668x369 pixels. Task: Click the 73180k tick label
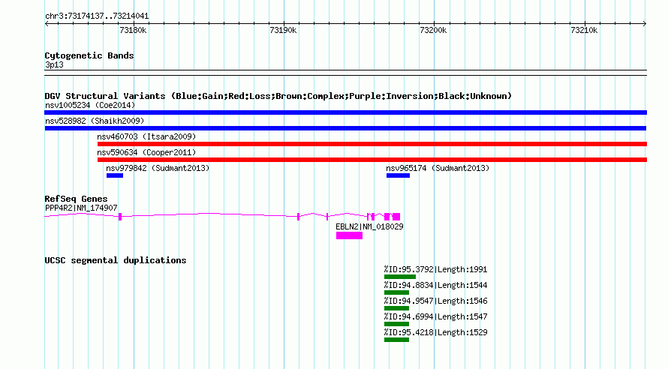pos(133,30)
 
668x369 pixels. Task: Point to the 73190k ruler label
pos(283,30)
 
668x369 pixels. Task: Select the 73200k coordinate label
pos(433,30)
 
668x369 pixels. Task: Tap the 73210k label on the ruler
pos(584,30)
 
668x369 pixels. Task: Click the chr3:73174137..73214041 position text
pos(97,16)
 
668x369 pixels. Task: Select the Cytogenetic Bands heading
pos(89,55)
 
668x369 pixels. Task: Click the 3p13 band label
pos(54,64)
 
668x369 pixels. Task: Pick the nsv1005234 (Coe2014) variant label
pos(90,105)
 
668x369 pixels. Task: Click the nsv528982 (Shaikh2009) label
pos(95,121)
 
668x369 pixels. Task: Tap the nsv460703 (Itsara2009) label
pos(146,136)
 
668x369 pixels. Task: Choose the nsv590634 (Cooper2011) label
pos(146,152)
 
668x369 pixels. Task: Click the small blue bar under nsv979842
pos(115,175)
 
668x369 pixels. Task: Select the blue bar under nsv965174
pos(398,175)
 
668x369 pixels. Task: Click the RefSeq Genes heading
pos(76,199)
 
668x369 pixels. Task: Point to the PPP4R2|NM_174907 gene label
pos(81,208)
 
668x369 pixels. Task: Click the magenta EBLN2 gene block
pos(349,235)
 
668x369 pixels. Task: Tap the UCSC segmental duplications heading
pos(116,260)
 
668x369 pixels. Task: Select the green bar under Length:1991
pos(399,277)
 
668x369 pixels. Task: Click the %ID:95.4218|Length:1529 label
pos(435,332)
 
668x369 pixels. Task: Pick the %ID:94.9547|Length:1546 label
pos(435,301)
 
